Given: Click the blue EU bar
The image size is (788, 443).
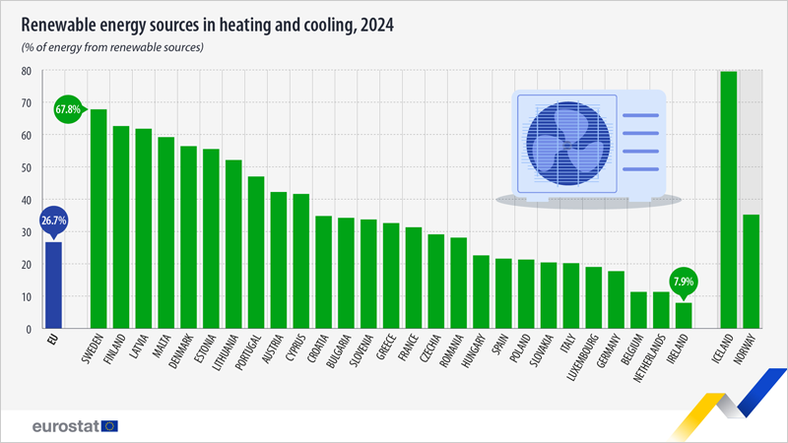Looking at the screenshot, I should click(52, 285).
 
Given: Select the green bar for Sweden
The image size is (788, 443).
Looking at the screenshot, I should click(98, 218).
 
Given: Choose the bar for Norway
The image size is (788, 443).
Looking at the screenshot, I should click(751, 271).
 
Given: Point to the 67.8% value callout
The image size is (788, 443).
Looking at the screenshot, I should click(68, 108).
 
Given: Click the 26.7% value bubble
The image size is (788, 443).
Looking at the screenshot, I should click(53, 221).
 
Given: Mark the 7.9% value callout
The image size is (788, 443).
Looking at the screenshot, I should click(684, 281).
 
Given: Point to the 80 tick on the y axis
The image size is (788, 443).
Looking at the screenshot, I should click(28, 71).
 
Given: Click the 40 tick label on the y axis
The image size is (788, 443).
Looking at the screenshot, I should click(28, 200).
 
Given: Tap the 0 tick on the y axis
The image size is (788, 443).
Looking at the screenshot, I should click(31, 329).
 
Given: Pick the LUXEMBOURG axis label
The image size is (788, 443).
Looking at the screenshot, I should click(587, 364).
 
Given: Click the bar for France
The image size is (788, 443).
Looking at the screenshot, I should click(414, 278).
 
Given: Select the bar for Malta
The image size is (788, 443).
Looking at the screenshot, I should click(165, 232).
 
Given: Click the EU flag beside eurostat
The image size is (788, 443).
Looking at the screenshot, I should click(108, 425).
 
